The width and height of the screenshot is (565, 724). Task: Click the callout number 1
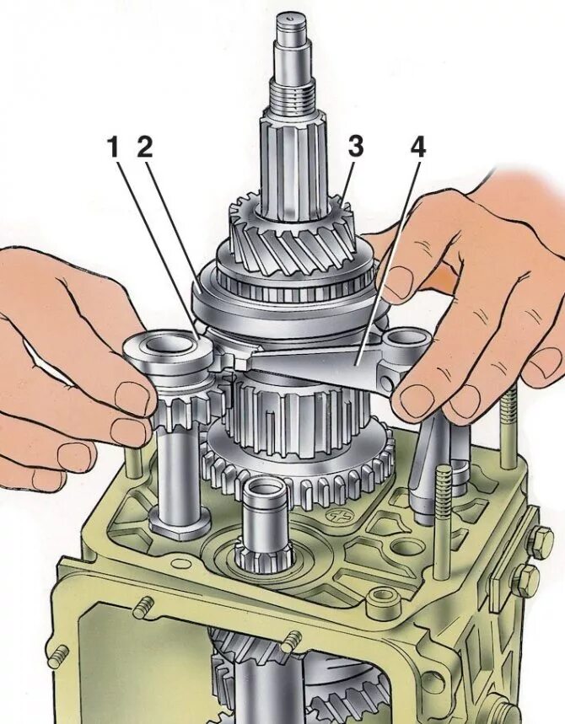[114, 147]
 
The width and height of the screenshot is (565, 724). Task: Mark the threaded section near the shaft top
[293, 100]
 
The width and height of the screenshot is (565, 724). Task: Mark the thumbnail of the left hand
[131, 397]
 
